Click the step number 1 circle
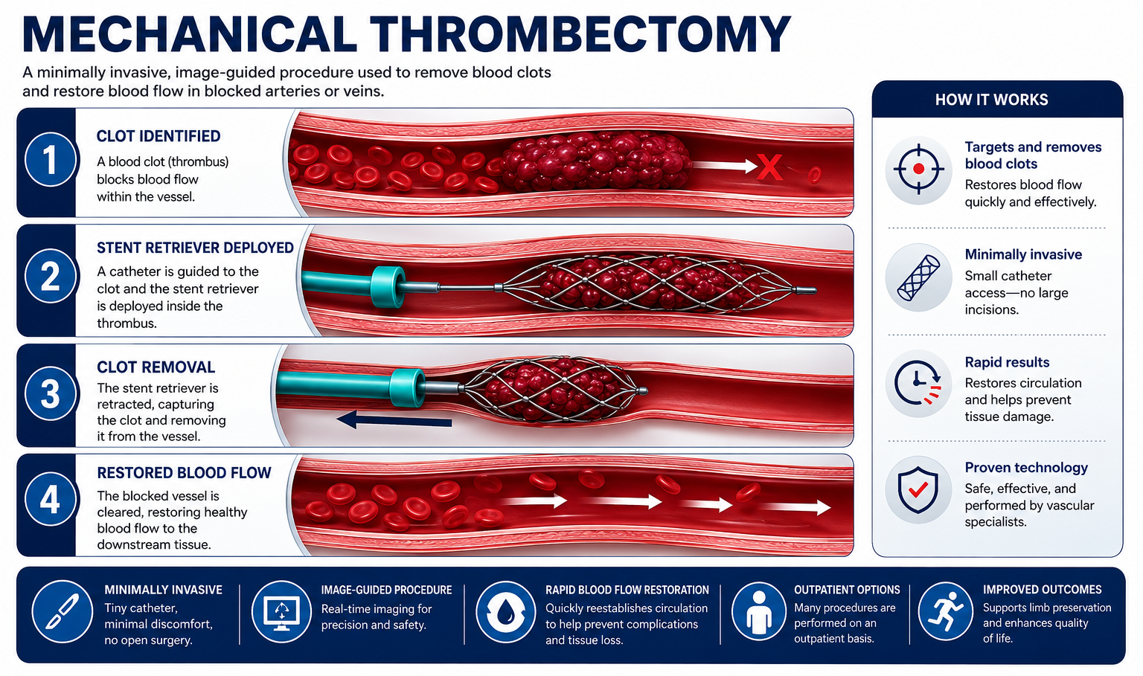50,160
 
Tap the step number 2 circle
50,277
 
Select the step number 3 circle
50,393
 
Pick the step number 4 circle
50,499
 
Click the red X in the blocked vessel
769,167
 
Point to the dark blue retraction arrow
394,421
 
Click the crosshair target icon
918,170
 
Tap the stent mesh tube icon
918,278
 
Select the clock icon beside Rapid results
918,384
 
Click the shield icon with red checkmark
918,490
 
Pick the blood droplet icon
506,612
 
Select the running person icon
946,611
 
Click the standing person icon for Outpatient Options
759,612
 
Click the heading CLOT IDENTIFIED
159,136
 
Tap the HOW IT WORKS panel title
991,100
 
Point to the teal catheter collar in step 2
387,287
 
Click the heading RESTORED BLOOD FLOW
184,472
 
